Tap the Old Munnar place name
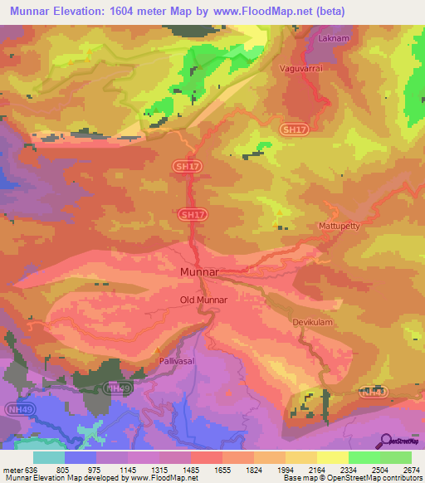pos(203,300)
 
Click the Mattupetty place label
pos(340,226)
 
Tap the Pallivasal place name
pos(178,363)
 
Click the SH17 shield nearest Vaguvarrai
pos(293,129)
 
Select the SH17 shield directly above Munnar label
pos(191,214)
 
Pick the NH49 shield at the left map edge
pos(12,408)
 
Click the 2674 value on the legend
pos(411,470)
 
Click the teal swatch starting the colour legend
pos(48,457)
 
